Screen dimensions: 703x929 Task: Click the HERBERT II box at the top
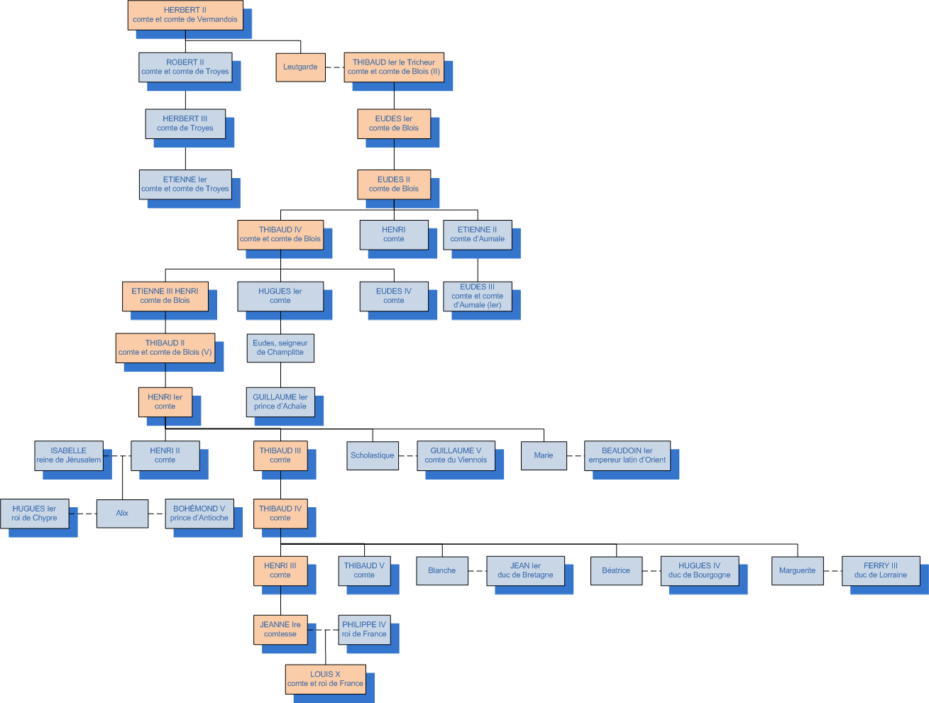tap(185, 15)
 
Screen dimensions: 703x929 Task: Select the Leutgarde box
tap(300, 67)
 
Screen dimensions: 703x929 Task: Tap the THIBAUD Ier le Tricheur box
tap(394, 67)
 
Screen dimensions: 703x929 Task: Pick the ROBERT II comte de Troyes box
tap(185, 67)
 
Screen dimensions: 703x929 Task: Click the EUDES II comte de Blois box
tap(394, 184)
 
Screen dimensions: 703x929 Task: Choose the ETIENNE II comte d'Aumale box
tap(477, 234)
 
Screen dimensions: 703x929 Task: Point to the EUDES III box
tap(477, 296)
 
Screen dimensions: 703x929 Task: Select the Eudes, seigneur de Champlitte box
tap(280, 348)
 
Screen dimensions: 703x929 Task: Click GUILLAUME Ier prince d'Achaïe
tap(280, 402)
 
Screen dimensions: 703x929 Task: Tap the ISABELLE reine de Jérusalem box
tap(69, 455)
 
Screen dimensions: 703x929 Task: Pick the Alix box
tap(122, 513)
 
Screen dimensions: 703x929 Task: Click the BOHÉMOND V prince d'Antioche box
tap(199, 513)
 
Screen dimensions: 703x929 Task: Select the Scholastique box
tap(373, 455)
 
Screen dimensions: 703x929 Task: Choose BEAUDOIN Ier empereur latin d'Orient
tap(627, 455)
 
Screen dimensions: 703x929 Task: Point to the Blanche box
tap(442, 570)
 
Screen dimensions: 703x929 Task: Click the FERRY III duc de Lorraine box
tap(881, 570)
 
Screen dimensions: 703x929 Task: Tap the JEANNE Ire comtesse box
tap(280, 629)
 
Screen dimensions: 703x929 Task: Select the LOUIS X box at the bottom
tap(325, 679)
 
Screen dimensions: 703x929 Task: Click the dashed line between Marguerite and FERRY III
tap(833, 570)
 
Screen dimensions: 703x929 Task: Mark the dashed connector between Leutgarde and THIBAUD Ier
tap(335, 67)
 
